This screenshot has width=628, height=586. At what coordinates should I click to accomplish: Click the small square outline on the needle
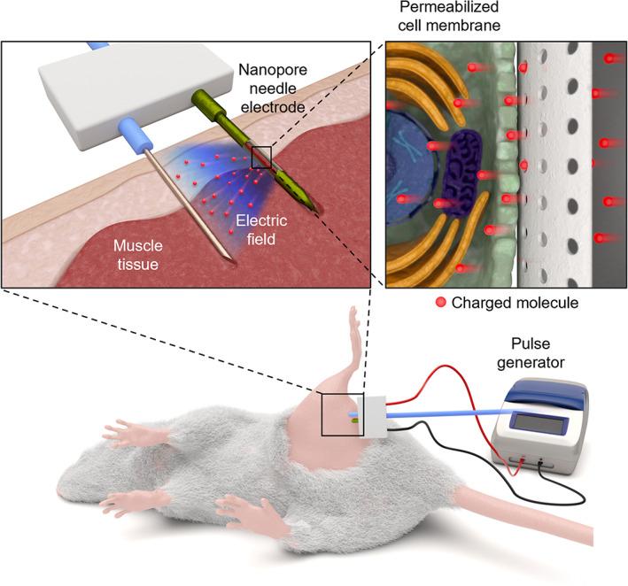260,157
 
